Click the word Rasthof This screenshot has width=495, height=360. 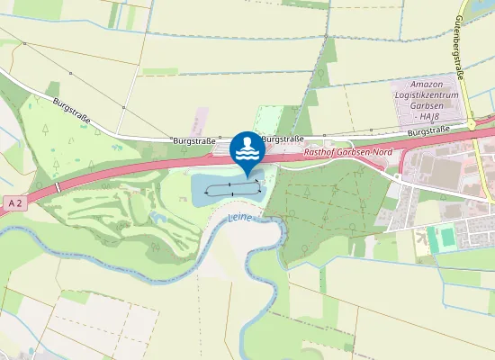(x=322, y=152)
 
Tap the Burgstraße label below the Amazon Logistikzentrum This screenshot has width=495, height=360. (x=427, y=131)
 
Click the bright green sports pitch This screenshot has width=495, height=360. (x=442, y=239)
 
